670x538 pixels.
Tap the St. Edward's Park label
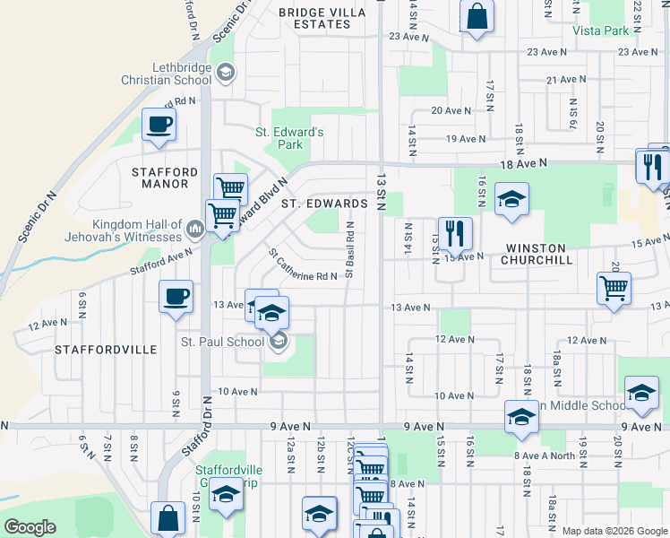point(289,138)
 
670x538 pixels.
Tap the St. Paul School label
point(222,341)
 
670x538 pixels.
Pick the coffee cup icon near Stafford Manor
point(159,125)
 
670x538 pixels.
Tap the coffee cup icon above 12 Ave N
point(176,295)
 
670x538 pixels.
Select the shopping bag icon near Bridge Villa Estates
point(477,15)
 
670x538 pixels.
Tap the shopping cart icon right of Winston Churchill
point(614,289)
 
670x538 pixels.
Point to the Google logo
point(30,527)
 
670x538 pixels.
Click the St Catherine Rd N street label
point(302,264)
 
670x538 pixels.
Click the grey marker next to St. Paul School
point(279,340)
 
